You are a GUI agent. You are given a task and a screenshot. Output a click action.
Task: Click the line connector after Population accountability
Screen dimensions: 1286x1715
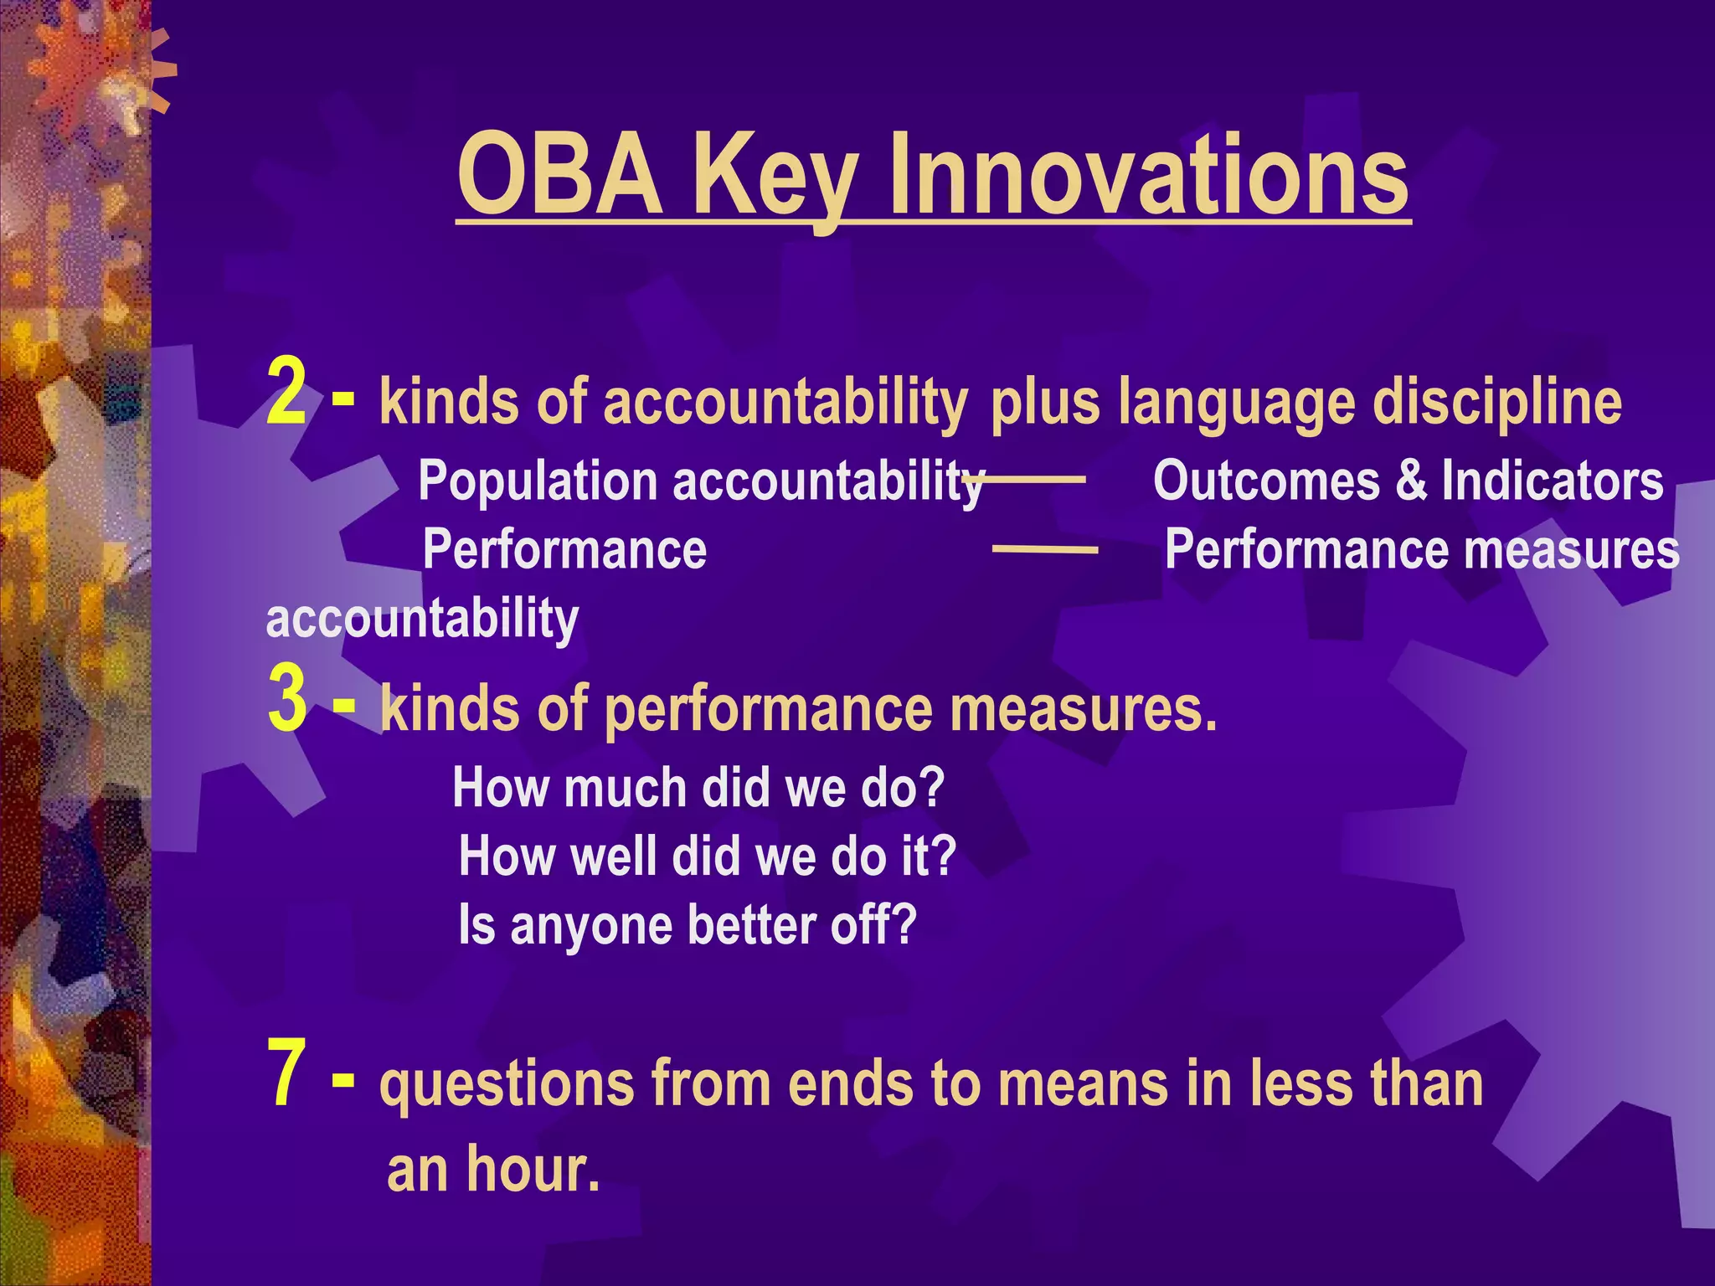tap(1034, 479)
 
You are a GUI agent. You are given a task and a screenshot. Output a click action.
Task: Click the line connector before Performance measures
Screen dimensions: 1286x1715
tap(1044, 549)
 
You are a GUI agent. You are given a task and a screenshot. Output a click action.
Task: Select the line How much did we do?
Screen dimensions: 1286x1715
tap(698, 789)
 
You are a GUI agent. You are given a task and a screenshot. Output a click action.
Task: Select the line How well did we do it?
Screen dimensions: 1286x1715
tap(707, 856)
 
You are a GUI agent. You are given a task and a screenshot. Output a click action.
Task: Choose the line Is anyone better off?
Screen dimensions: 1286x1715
tap(688, 925)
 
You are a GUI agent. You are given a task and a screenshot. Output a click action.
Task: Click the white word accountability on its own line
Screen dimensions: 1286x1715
tap(422, 619)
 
